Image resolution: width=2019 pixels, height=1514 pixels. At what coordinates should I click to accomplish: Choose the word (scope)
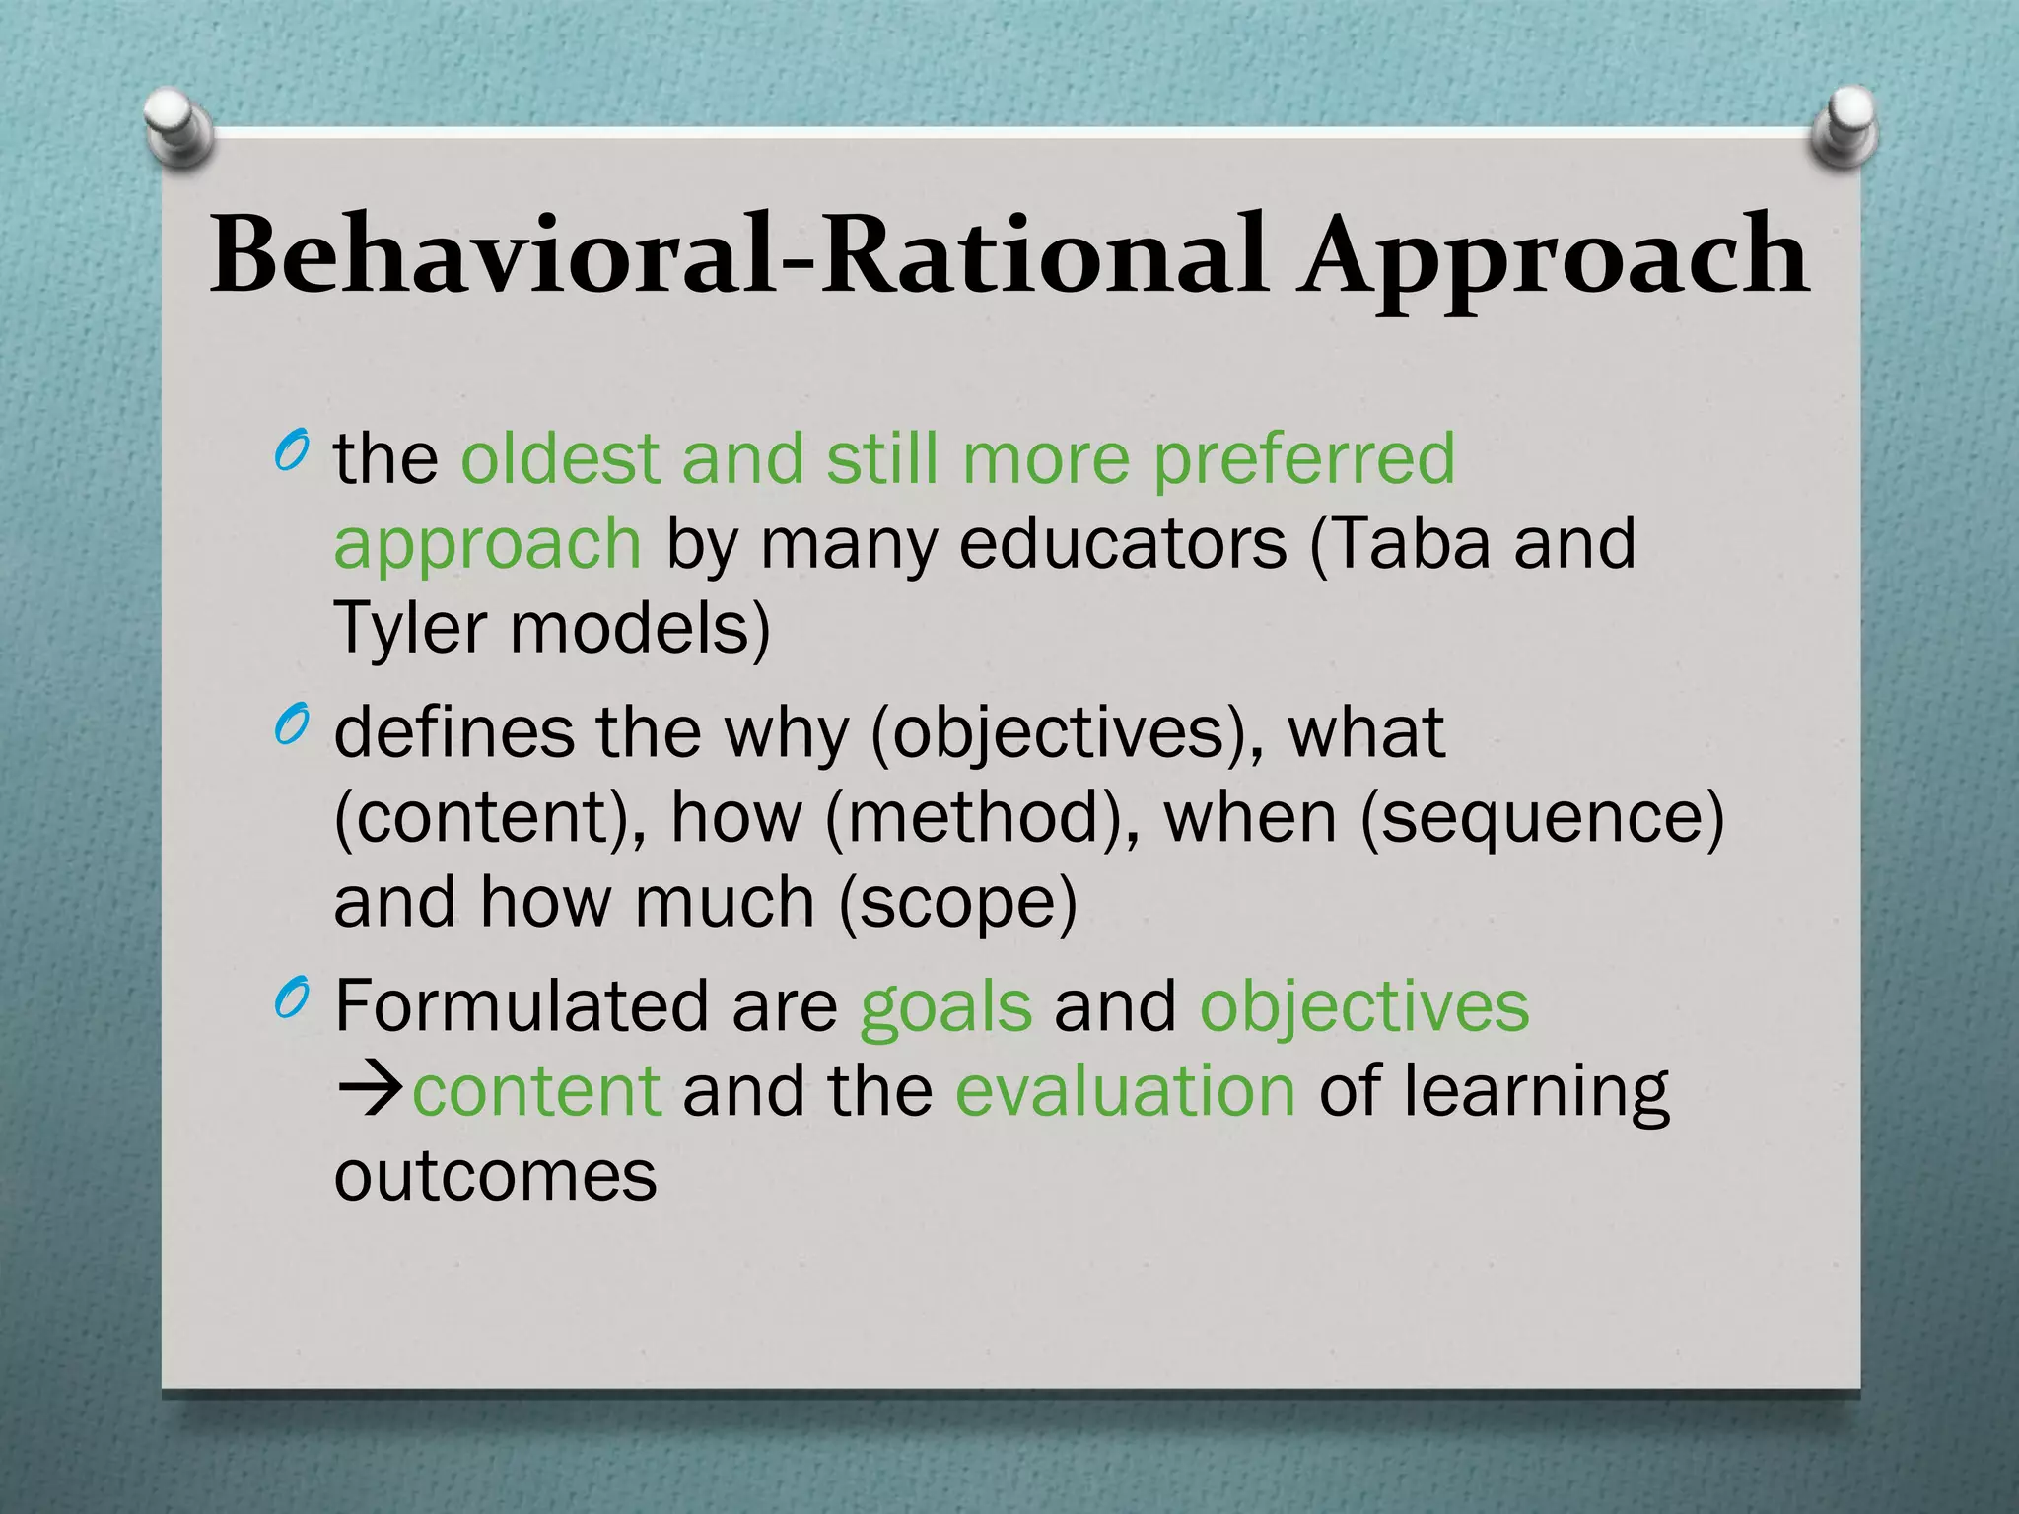[957, 905]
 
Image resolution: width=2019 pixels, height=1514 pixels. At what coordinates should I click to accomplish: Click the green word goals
[945, 1009]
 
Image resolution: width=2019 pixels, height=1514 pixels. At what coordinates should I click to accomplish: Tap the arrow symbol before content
[371, 1091]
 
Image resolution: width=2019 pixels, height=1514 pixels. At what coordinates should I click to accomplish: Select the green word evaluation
[1125, 1091]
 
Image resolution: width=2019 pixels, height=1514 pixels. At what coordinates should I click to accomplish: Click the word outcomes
[495, 1176]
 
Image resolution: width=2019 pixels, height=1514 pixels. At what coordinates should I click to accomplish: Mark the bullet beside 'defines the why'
[292, 727]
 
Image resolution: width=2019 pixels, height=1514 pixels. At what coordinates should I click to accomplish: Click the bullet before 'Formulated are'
[292, 1000]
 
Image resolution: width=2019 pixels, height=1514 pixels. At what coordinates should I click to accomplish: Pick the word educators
[1123, 544]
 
